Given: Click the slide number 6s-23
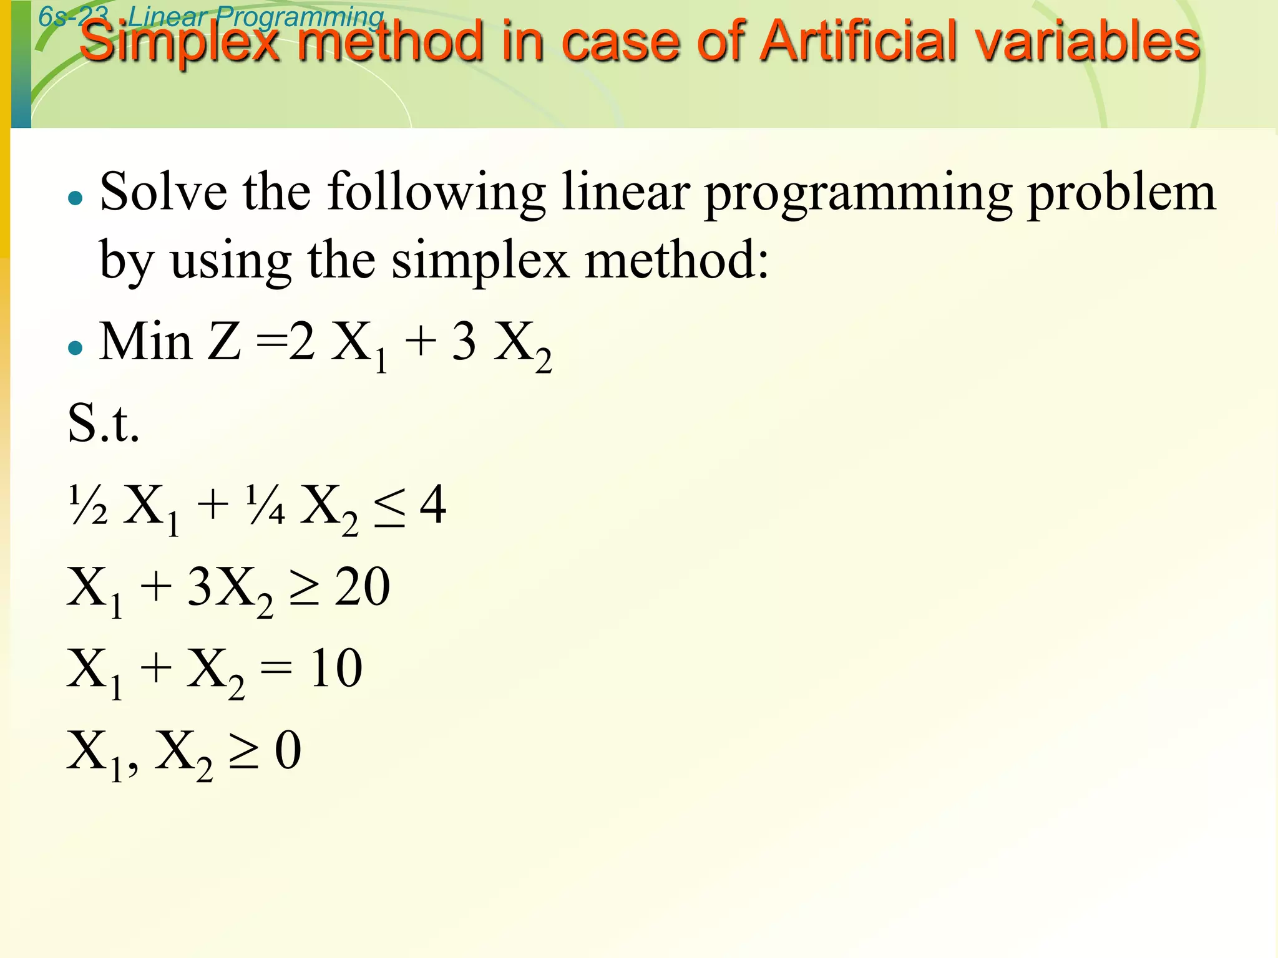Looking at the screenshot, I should (x=73, y=16).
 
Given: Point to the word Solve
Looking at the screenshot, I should (x=163, y=192).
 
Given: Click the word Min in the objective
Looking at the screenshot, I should (x=145, y=342).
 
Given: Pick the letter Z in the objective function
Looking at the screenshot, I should (x=224, y=342).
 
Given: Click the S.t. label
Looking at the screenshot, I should (x=104, y=423).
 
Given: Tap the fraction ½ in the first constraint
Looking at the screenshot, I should (x=88, y=505).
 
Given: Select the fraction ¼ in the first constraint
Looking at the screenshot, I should (x=265, y=505).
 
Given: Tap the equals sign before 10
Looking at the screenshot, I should (x=276, y=669).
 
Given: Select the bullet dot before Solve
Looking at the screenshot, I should (x=76, y=199).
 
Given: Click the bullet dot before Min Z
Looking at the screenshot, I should (x=76, y=348).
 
